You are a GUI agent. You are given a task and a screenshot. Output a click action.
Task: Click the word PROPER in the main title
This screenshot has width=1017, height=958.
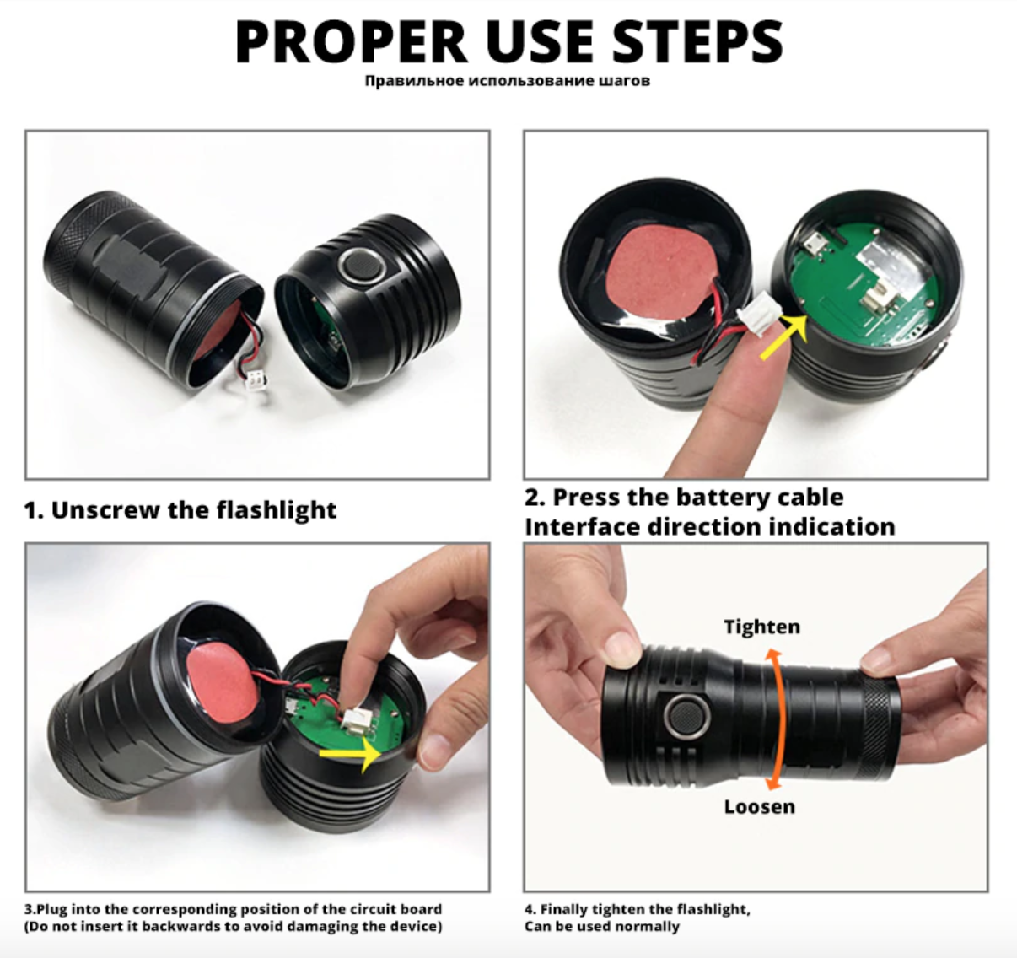coord(351,41)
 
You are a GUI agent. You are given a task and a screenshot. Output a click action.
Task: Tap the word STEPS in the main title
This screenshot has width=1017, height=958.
coord(697,41)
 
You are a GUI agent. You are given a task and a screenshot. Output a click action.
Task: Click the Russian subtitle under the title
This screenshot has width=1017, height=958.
coord(508,81)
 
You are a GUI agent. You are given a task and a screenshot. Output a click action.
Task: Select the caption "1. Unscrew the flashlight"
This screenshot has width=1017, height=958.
coord(180,509)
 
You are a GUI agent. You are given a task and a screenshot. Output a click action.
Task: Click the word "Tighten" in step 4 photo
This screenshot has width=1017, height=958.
coord(762,627)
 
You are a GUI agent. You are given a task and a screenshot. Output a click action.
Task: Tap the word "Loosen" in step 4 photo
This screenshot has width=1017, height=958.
coord(760,806)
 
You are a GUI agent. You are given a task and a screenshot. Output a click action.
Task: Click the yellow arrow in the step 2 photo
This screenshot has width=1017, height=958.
coord(784,336)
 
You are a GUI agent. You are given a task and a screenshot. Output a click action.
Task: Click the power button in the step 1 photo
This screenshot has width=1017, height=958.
coord(362,266)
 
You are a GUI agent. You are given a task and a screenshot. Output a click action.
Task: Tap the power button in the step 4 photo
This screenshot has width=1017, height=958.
coord(687,716)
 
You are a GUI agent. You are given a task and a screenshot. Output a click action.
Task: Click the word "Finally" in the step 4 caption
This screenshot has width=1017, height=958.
coord(562,910)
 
